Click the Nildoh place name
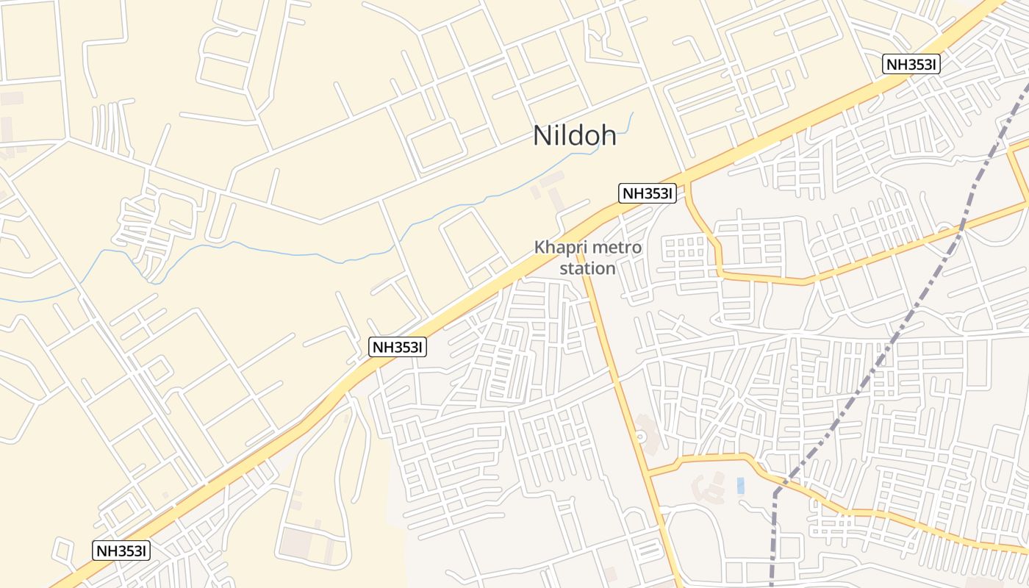(x=575, y=135)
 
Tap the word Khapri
(x=559, y=248)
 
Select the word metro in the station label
(x=614, y=248)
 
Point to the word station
(x=587, y=268)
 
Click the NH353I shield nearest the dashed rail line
(x=911, y=64)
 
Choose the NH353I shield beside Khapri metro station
(x=647, y=193)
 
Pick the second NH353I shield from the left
(x=398, y=347)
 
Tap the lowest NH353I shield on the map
(x=121, y=550)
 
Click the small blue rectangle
(x=740, y=485)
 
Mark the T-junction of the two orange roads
(x=650, y=475)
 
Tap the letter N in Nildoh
(x=542, y=135)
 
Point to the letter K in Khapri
(x=540, y=248)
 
